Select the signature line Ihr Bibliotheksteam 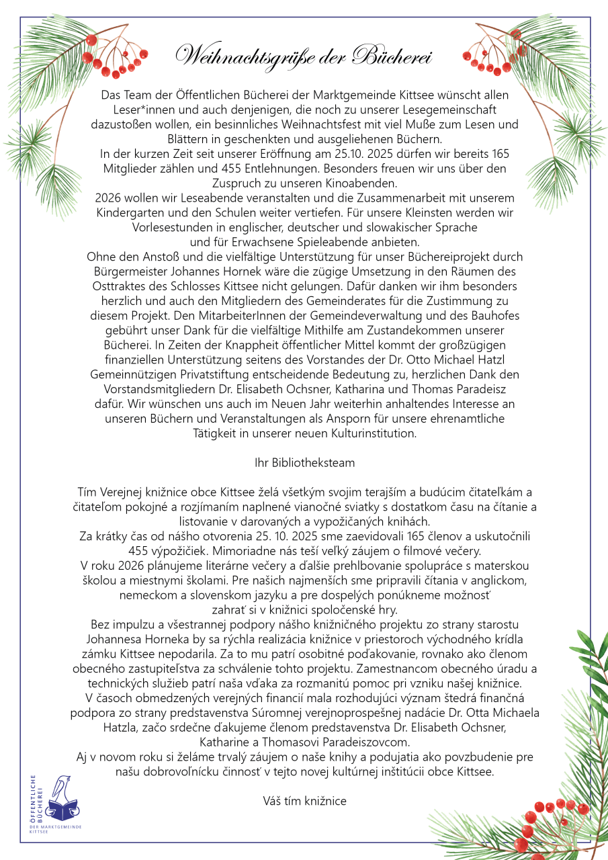point(304,463)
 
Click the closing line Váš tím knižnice point(304,800)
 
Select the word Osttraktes point(119,286)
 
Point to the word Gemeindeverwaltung point(372,316)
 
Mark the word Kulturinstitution point(372,433)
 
